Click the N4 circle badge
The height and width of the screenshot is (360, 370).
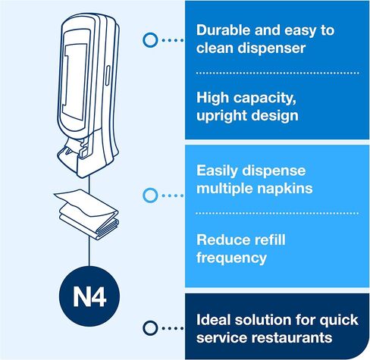pos(89,296)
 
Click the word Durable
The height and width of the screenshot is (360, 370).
pos(223,30)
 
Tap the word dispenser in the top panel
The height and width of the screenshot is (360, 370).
pos(271,49)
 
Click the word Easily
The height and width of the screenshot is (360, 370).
pos(218,171)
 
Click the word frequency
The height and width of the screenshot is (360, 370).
pos(231,258)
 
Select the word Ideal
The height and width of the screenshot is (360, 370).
pos(214,320)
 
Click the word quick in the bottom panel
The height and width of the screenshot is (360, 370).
pos(339,321)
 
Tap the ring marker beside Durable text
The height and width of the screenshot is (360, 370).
pos(150,40)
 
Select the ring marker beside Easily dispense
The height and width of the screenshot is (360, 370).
pos(150,196)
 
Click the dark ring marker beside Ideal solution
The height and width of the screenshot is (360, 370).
pos(150,328)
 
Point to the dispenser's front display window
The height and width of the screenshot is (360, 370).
pos(75,80)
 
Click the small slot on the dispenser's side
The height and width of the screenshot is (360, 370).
pos(108,76)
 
